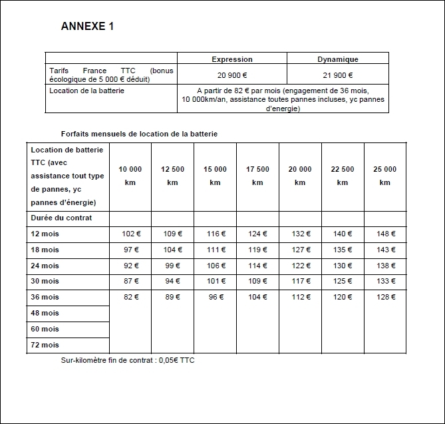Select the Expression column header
[232, 59]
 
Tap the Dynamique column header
[338, 59]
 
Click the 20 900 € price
[232, 75]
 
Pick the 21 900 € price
[338, 75]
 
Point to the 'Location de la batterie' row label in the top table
[86, 91]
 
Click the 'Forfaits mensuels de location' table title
[139, 134]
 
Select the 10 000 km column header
[130, 176]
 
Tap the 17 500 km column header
[257, 176]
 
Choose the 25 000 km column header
[384, 176]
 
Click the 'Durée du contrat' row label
[61, 218]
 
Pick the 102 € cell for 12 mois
[130, 234]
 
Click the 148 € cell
[384, 234]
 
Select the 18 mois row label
[45, 250]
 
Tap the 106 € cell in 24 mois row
[215, 266]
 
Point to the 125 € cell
[342, 282]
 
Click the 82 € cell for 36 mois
[130, 298]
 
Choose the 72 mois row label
[45, 345]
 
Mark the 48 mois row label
[45, 313]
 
